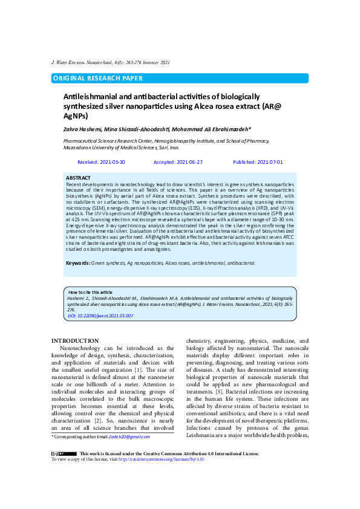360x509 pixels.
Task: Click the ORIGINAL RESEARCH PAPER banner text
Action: [x=98, y=79]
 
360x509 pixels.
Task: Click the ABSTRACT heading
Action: [x=78, y=178]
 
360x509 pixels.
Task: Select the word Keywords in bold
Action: [x=77, y=263]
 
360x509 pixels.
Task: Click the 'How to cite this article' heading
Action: [x=90, y=292]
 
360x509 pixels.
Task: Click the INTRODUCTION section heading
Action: [x=75, y=342]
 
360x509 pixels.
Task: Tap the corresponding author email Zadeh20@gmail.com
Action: [x=129, y=436]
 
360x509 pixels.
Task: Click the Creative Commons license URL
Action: [x=162, y=459]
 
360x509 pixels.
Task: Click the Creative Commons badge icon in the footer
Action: [x=64, y=453]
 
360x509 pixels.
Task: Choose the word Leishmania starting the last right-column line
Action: [x=202, y=435]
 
